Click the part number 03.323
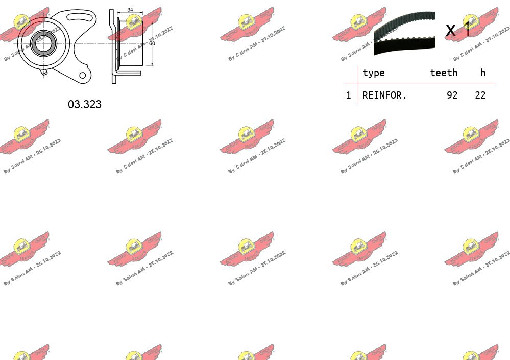tap(85, 104)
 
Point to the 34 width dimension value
tap(130, 10)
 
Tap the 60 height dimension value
tap(152, 43)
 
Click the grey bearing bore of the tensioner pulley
tap(41, 42)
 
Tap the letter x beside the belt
tap(450, 31)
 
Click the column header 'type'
tap(373, 73)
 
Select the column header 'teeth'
tap(444, 73)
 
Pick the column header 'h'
tap(483, 73)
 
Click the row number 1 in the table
tap(348, 95)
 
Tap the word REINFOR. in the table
tap(384, 95)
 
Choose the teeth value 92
tap(452, 95)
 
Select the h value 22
tap(480, 95)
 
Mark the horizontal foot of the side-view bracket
tap(128, 73)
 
